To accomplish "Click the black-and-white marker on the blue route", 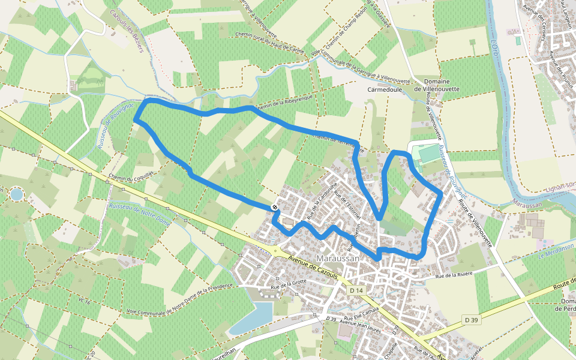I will coord(274,207).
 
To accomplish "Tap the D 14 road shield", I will coord(356,290).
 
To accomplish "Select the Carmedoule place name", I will coord(383,89).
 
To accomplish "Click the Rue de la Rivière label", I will coord(454,275).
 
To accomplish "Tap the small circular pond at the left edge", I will coord(16,194).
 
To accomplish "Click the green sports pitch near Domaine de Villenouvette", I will coord(428,154).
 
